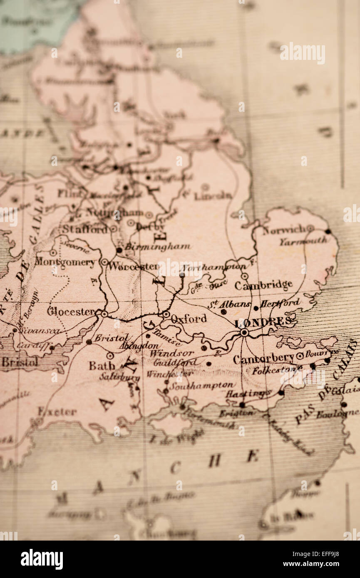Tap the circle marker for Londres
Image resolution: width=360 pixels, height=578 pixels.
coord(244,332)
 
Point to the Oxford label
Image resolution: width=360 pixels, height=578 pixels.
coord(189,319)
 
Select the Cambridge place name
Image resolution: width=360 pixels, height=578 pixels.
coord(263,285)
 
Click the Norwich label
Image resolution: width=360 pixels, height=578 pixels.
coord(284,230)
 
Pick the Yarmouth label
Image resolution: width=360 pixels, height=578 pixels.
coord(303,241)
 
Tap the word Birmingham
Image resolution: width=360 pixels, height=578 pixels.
coord(157,247)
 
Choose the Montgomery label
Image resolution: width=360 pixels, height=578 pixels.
coord(65,262)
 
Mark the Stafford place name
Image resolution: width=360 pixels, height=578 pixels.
coord(85,229)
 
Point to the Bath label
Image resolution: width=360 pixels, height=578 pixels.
coord(102,366)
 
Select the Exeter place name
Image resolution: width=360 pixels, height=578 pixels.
coord(57,412)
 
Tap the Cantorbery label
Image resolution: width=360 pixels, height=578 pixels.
coord(264,359)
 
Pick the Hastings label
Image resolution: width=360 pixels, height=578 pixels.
coord(248,393)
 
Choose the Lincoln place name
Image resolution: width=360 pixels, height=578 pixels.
coord(212,195)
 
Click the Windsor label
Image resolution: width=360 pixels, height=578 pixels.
coord(171,353)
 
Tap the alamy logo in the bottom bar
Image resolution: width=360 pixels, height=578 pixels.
coord(42,559)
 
